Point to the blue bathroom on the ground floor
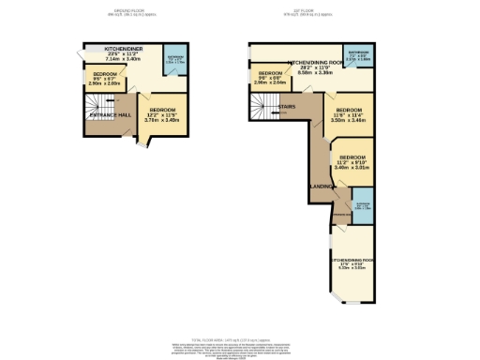click(173, 62)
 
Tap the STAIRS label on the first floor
click(289, 108)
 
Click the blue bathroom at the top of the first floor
click(359, 56)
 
